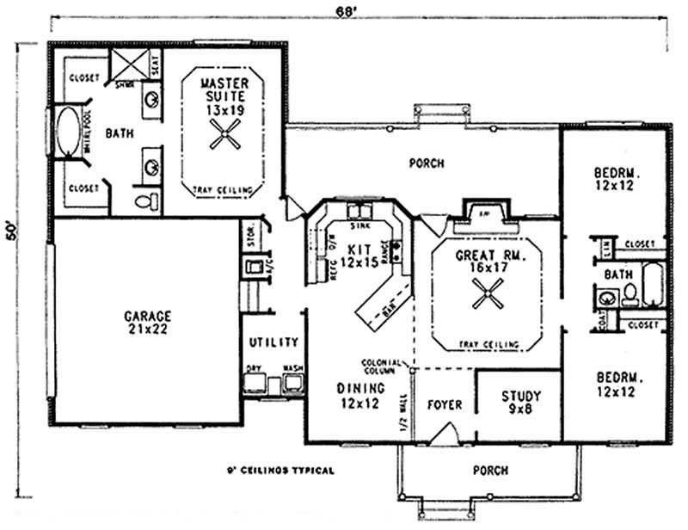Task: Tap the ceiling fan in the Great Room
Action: [487, 298]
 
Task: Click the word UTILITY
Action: [273, 342]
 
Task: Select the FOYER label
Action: [444, 404]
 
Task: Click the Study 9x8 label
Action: [521, 403]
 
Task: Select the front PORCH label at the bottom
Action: [490, 471]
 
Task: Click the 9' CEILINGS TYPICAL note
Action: [278, 471]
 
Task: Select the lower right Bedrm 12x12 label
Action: [617, 385]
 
